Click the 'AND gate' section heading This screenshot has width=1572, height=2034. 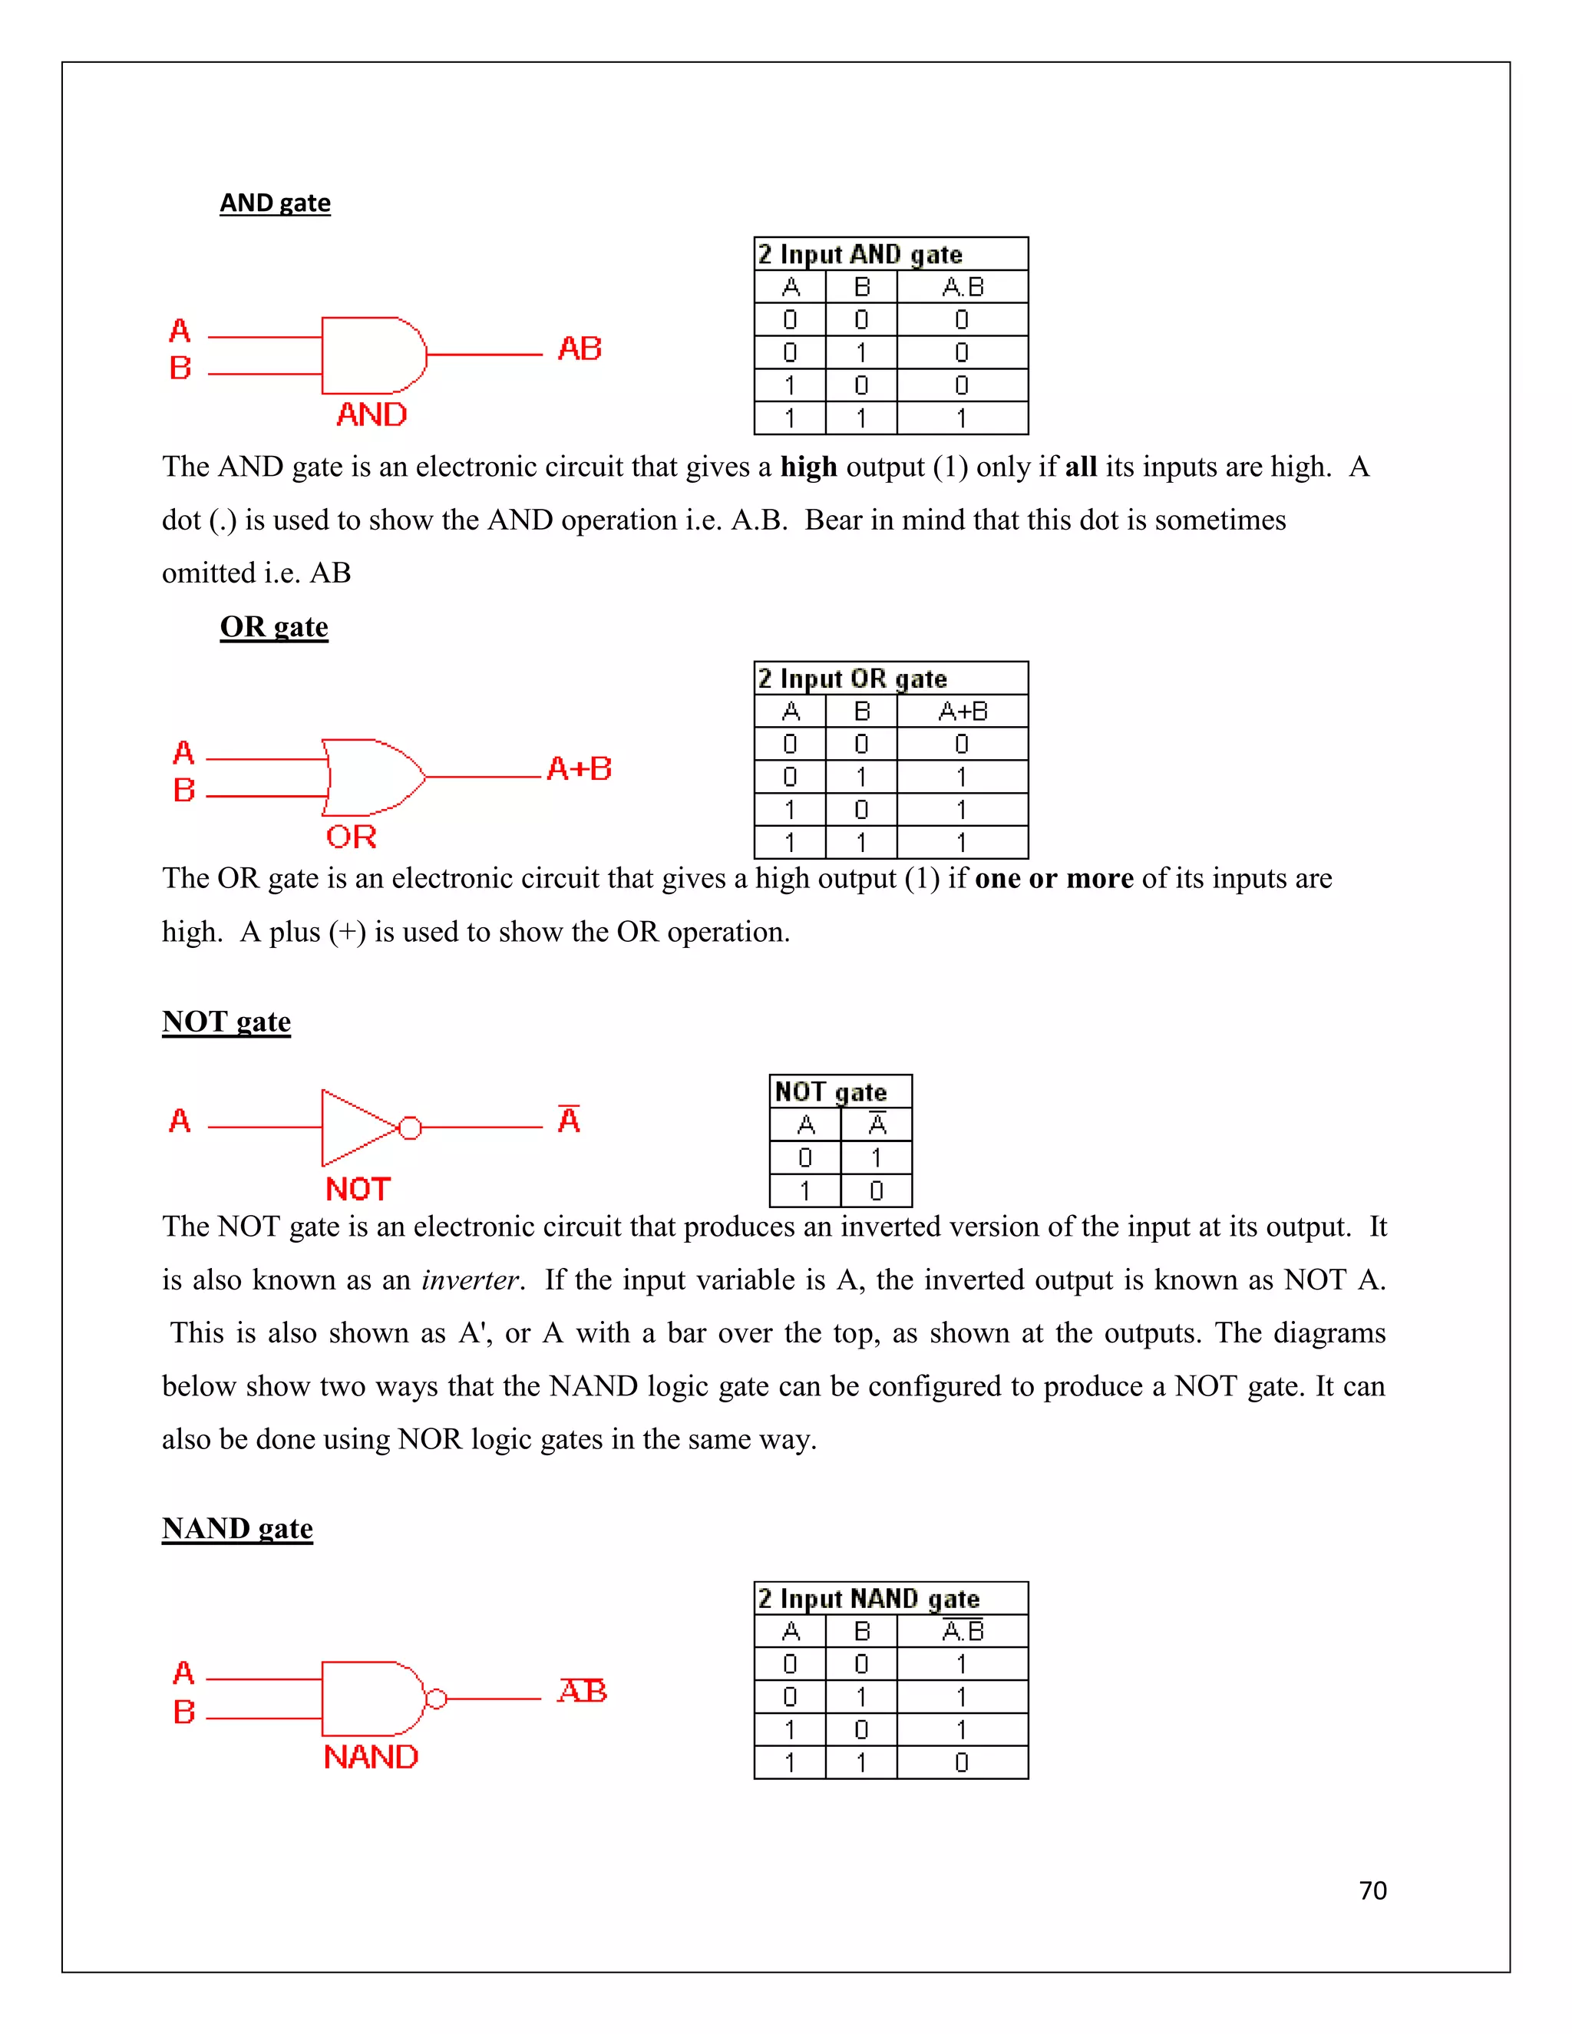click(x=275, y=203)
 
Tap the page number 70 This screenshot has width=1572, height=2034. click(x=1372, y=1890)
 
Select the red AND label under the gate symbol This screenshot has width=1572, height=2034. click(x=372, y=414)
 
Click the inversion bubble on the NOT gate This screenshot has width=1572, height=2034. click(x=410, y=1128)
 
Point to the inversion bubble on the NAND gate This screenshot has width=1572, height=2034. click(x=435, y=1699)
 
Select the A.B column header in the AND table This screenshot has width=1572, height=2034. click(x=962, y=287)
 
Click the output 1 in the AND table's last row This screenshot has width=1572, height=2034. click(x=961, y=418)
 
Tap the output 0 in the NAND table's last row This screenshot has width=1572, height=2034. click(x=961, y=1763)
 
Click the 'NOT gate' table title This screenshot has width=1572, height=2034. click(x=830, y=1091)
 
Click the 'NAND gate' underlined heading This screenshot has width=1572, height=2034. click(x=236, y=1528)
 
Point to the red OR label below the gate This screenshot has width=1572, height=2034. click(x=351, y=837)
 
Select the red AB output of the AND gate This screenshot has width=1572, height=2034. click(x=580, y=349)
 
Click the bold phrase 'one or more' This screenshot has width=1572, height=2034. click(x=1053, y=878)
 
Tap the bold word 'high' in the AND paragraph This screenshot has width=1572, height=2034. click(x=808, y=467)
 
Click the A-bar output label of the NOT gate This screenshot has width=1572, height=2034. click(x=568, y=1118)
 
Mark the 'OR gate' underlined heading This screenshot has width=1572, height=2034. click(x=274, y=627)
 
